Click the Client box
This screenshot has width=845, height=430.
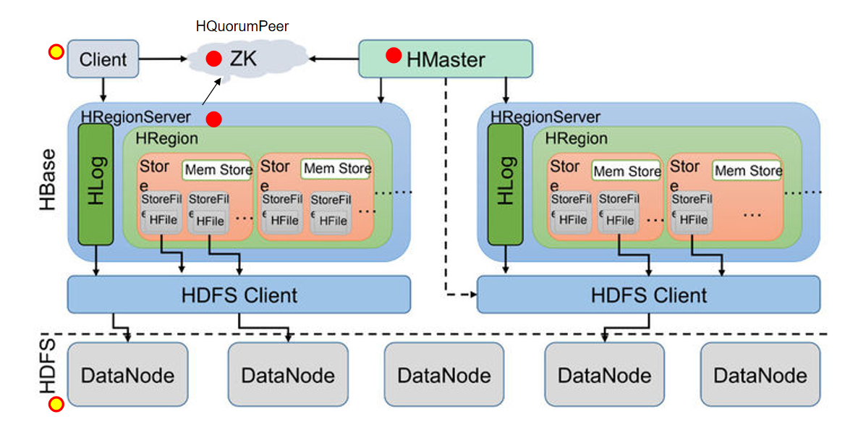click(x=103, y=59)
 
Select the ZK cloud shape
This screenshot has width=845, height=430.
click(x=246, y=59)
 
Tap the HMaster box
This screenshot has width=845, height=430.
click(x=446, y=59)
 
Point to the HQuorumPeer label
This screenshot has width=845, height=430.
click(x=242, y=27)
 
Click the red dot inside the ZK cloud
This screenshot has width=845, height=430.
click(x=213, y=59)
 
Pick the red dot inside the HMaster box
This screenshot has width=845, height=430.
click(x=394, y=56)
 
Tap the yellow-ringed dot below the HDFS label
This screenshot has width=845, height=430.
click(x=55, y=405)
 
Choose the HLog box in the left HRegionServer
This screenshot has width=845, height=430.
click(x=95, y=184)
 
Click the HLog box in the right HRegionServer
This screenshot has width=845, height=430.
click(x=506, y=184)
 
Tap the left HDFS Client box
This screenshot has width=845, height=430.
click(x=239, y=295)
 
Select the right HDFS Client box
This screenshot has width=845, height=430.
click(x=648, y=295)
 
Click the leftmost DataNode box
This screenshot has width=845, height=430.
click(x=127, y=374)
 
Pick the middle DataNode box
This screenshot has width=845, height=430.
click(x=443, y=374)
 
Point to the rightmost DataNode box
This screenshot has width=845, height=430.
click(x=760, y=374)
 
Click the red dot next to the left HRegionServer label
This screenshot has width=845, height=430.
click(x=213, y=118)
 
